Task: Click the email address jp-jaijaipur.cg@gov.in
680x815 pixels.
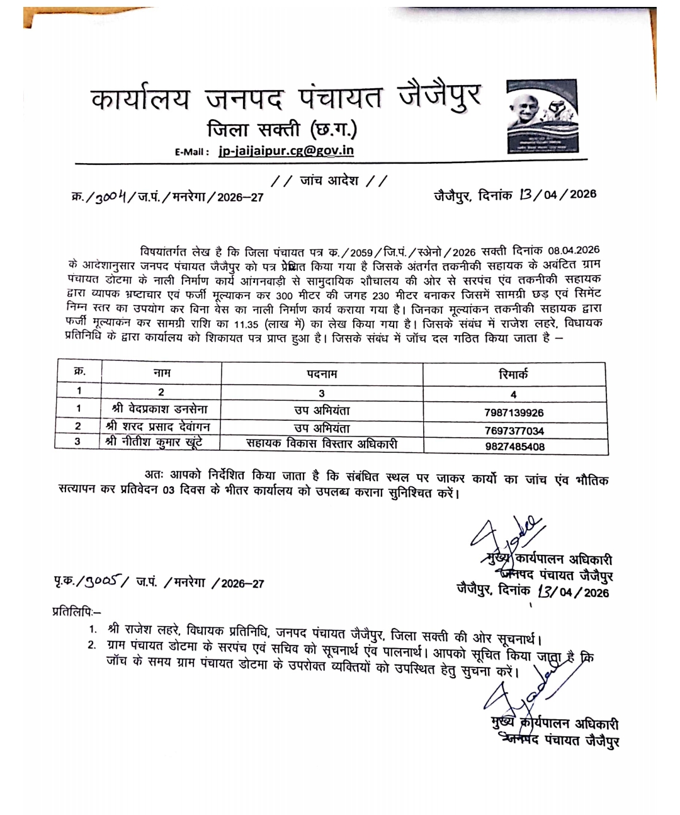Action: pyautogui.click(x=286, y=151)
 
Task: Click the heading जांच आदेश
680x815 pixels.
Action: pyautogui.click(x=329, y=181)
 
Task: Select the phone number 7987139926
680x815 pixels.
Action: pyautogui.click(x=514, y=413)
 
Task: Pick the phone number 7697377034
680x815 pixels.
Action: pyautogui.click(x=514, y=430)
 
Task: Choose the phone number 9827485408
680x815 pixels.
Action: pyautogui.click(x=514, y=446)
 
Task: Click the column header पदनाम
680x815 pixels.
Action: pyautogui.click(x=322, y=374)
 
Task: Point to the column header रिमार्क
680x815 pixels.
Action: pyautogui.click(x=513, y=374)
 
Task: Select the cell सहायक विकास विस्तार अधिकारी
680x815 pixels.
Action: pyautogui.click(x=322, y=443)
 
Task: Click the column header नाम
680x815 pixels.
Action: pyautogui.click(x=162, y=373)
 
